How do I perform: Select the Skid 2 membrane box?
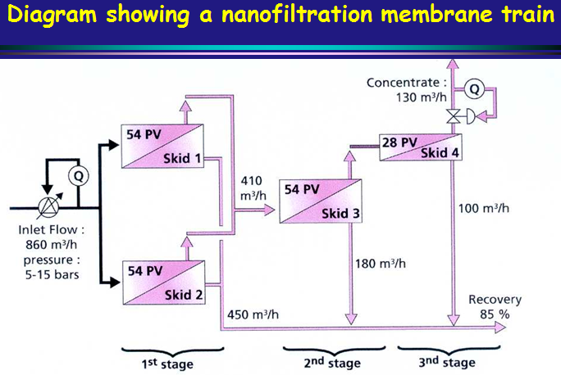(x=162, y=280)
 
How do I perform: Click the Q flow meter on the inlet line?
(x=78, y=174)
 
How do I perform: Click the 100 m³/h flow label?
(x=484, y=208)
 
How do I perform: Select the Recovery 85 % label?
(x=494, y=306)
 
